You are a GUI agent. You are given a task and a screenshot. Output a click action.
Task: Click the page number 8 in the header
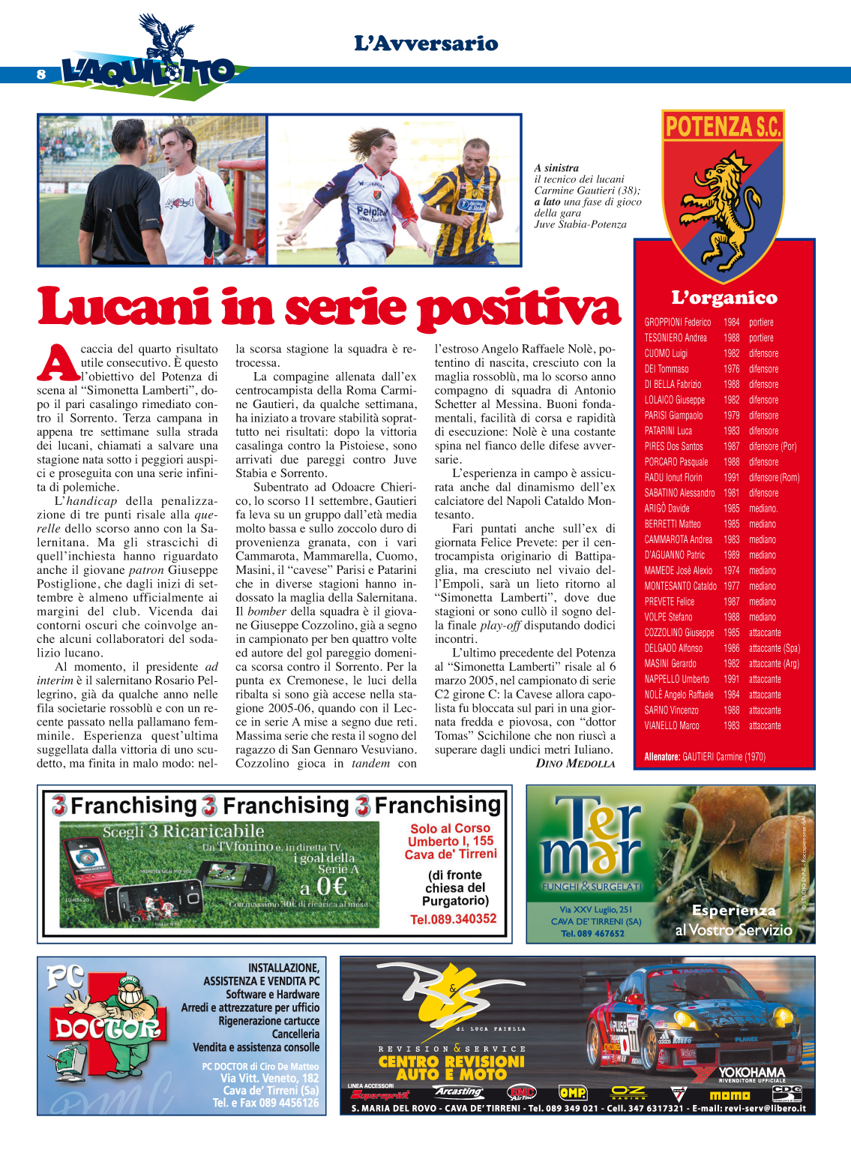pyautogui.click(x=41, y=74)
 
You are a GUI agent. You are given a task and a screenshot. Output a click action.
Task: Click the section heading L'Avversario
pyautogui.click(x=426, y=44)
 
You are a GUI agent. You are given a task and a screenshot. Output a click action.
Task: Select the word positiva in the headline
pyautogui.click(x=519, y=309)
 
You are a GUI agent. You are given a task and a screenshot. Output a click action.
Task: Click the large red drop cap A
pyautogui.click(x=57, y=363)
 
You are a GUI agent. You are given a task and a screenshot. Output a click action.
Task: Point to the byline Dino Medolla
pyautogui.click(x=575, y=764)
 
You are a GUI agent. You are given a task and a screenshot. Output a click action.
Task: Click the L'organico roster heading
pyautogui.click(x=724, y=298)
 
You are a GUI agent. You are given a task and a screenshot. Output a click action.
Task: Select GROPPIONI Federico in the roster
pyautogui.click(x=677, y=323)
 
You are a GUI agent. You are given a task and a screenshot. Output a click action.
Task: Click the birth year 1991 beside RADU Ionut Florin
pyautogui.click(x=731, y=478)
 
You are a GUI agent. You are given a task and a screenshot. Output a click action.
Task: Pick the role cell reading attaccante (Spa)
pyautogui.click(x=774, y=648)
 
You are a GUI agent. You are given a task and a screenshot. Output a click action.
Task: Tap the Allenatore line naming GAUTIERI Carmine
pyautogui.click(x=704, y=757)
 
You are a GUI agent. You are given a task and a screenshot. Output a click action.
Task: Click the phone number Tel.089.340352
pyautogui.click(x=453, y=919)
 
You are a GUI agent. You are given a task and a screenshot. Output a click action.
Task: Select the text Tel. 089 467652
pyautogui.click(x=592, y=934)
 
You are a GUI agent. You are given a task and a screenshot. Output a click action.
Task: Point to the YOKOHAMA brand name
pyautogui.click(x=751, y=1073)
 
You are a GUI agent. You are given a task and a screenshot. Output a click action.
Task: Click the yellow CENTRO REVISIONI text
pyautogui.click(x=451, y=1061)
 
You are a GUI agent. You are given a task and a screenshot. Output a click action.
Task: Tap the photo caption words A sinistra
pyautogui.click(x=556, y=168)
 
